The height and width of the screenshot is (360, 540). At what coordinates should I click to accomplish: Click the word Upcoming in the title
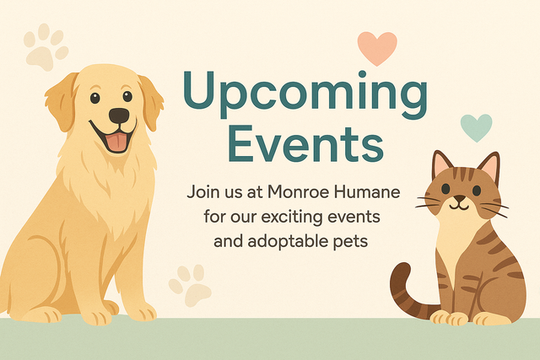point(304,94)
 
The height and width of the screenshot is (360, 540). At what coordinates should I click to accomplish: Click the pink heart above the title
point(376,48)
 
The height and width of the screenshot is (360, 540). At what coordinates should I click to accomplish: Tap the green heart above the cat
point(476,126)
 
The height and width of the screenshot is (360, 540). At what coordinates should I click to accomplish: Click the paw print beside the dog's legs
point(191,284)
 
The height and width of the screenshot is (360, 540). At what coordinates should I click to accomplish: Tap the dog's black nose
point(119,116)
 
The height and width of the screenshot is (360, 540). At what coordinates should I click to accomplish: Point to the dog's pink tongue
point(116,140)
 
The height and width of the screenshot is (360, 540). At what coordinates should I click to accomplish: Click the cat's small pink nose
point(459,196)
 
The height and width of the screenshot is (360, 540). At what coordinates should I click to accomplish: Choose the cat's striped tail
point(409,291)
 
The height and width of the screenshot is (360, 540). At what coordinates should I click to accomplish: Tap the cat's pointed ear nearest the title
point(441,165)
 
